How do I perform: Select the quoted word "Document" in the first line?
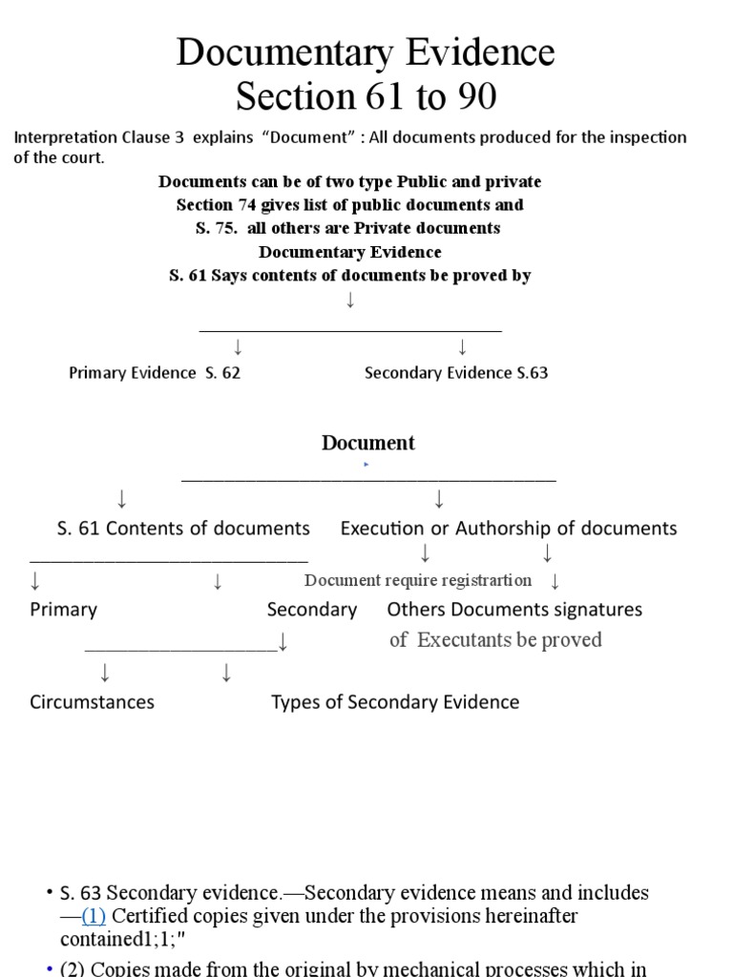(x=307, y=137)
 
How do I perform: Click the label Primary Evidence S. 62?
(x=155, y=373)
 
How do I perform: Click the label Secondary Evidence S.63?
(x=456, y=373)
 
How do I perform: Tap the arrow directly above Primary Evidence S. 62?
(x=238, y=346)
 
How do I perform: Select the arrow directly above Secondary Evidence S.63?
(x=462, y=346)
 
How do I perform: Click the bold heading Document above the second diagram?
(x=368, y=443)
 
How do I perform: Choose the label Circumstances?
(x=92, y=702)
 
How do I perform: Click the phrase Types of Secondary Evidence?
(x=395, y=702)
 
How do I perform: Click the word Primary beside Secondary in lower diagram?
(x=64, y=610)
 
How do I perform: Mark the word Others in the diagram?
(x=416, y=610)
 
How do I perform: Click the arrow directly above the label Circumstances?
(x=104, y=674)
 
